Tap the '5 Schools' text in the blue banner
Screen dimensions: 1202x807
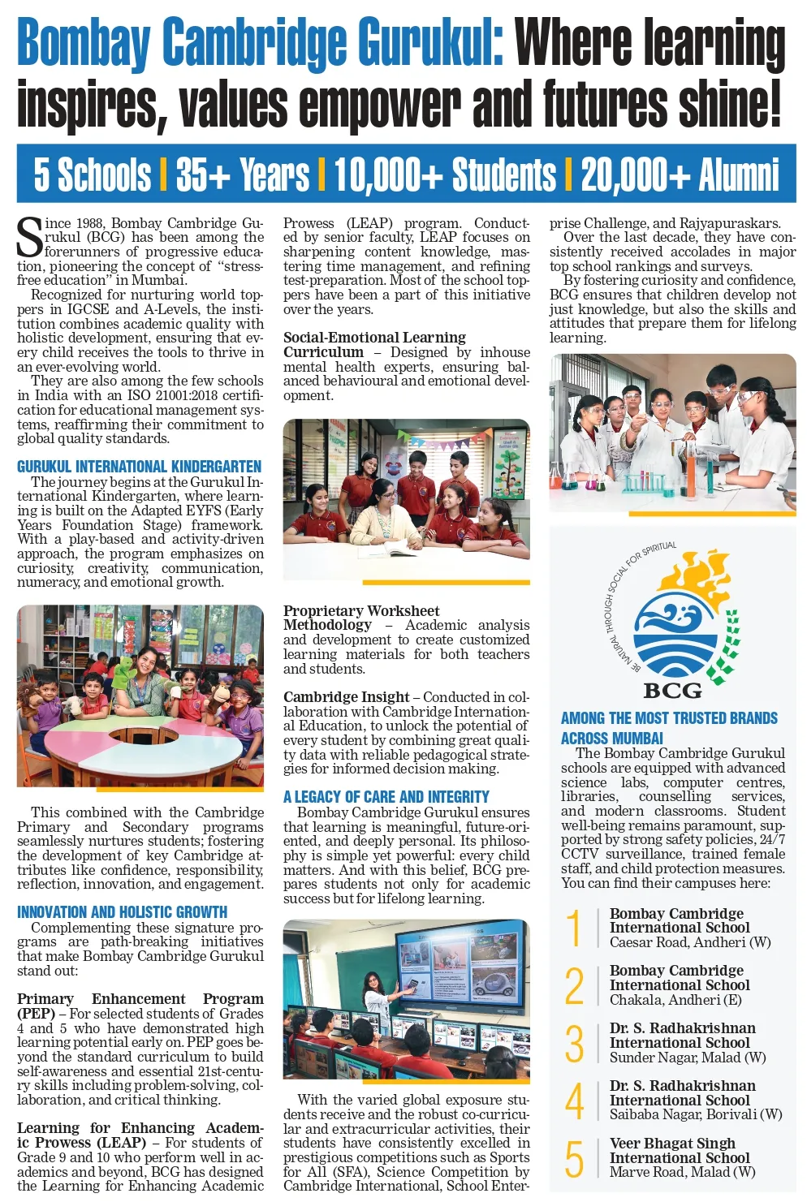point(92,174)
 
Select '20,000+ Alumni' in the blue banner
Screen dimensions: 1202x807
point(680,174)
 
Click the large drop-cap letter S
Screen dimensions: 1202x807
point(30,238)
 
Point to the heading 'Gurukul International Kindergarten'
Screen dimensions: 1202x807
point(139,467)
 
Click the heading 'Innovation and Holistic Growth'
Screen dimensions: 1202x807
point(122,912)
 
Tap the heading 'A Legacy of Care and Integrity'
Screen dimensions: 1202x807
point(386,797)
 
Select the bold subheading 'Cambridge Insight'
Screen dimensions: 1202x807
point(346,697)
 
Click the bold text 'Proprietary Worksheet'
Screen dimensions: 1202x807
point(361,610)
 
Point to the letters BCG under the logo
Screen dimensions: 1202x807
point(672,691)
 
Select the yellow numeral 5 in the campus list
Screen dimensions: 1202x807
point(574,1158)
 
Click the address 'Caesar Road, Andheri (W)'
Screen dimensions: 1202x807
point(690,942)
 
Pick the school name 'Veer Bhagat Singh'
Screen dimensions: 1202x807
point(672,1144)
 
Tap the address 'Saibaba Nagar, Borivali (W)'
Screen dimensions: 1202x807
point(696,1114)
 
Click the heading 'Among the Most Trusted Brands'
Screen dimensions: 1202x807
point(669,718)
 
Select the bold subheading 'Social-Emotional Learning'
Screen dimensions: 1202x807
point(374,338)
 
